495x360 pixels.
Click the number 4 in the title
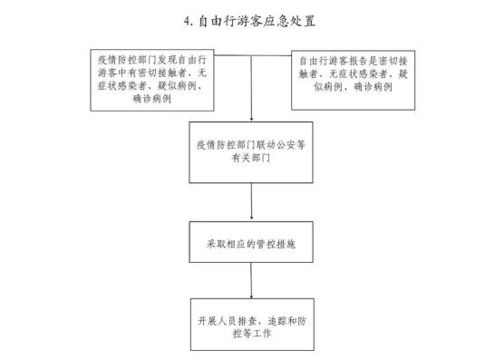pyautogui.click(x=186, y=19)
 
